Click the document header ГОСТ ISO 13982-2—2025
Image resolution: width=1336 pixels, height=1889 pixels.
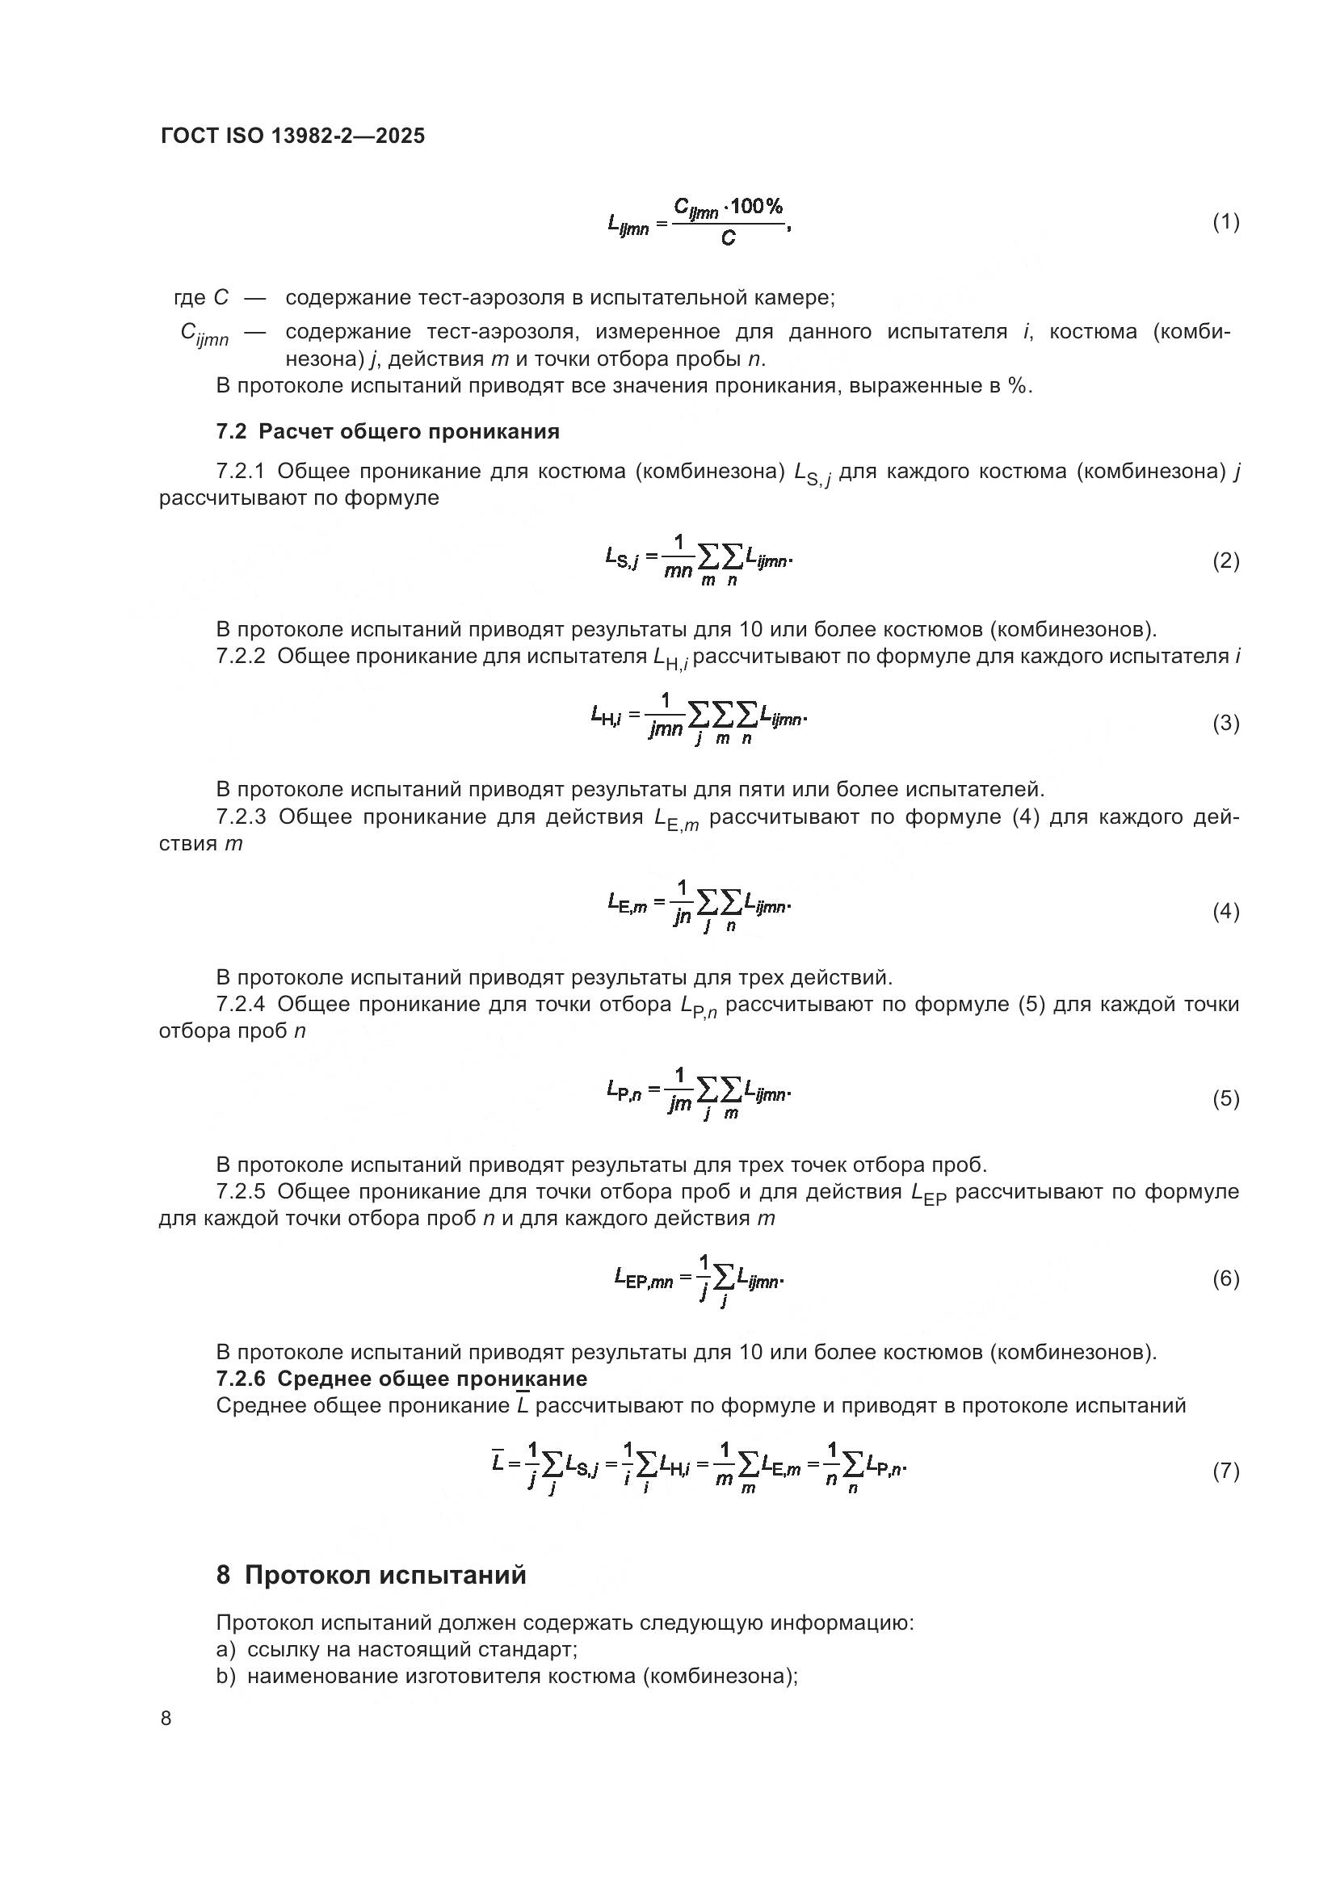(293, 136)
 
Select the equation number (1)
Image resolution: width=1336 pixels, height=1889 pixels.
(1226, 222)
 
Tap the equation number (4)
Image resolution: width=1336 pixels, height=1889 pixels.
(1226, 912)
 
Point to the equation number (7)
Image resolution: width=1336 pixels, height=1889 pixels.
(1226, 1471)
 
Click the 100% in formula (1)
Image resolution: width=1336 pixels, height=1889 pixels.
(756, 207)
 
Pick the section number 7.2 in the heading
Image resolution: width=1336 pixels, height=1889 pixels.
(231, 432)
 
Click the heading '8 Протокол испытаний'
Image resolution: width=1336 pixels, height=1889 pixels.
(371, 1575)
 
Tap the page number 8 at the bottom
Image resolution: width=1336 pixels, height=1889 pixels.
(166, 1719)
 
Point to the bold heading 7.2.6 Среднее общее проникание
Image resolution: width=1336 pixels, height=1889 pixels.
(401, 1379)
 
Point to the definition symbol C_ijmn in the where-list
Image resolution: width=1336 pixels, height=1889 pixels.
(204, 334)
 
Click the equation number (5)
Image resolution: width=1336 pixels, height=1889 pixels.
(1226, 1099)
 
